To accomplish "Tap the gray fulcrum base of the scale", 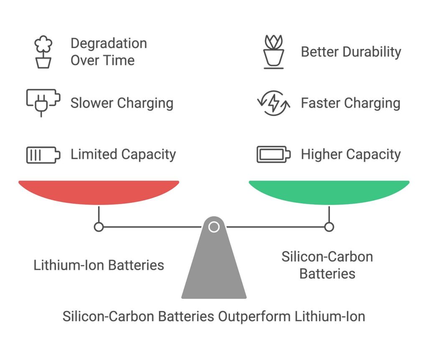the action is [x=214, y=262].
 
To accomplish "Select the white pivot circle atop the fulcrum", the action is [x=214, y=227].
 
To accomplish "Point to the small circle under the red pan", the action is [x=99, y=227].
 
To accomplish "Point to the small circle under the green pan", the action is [x=329, y=227].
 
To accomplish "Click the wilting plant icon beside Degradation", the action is [x=43, y=52].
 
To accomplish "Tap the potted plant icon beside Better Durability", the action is [x=274, y=52].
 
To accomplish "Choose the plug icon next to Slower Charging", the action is [x=43, y=103].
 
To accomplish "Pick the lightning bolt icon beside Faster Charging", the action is [x=274, y=103].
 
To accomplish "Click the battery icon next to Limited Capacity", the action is [x=43, y=155].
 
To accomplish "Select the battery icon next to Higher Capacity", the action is [x=274, y=154].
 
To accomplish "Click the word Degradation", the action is [x=109, y=43].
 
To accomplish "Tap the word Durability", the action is [x=372, y=52].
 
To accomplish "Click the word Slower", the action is [x=92, y=103].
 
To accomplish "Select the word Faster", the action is [x=321, y=103].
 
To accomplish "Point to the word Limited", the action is [x=94, y=154].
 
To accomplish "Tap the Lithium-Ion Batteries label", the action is [x=99, y=265].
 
